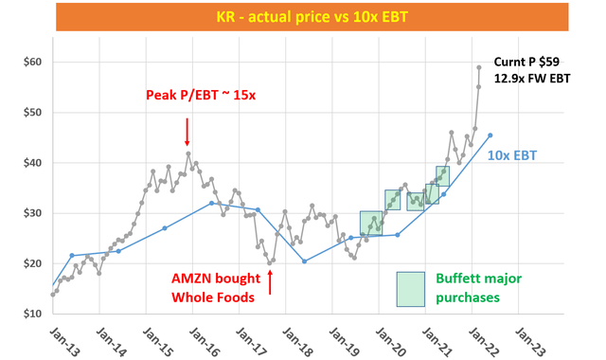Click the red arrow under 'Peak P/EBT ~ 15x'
point(187,129)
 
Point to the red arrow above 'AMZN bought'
point(270,281)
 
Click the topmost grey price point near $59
point(478,67)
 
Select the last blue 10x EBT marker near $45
point(490,135)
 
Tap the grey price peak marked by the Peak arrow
point(188,153)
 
